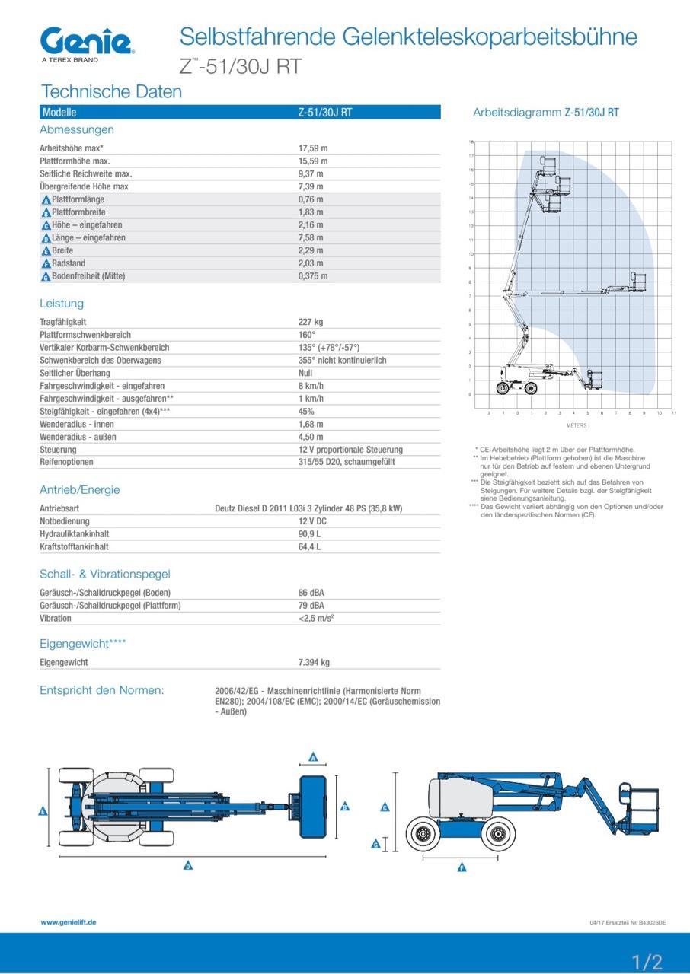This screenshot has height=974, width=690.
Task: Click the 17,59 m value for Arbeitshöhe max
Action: point(312,148)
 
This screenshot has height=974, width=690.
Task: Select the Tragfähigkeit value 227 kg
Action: point(311,322)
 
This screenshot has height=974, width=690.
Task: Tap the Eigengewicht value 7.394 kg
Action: point(314,662)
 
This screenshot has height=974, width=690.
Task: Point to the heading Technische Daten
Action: point(111,92)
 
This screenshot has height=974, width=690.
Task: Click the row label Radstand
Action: point(69,263)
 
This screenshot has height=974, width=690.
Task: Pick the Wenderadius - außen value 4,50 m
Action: point(311,437)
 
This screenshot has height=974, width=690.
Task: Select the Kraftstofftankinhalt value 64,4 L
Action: point(309,546)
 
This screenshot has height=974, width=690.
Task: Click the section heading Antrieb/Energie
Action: point(79,489)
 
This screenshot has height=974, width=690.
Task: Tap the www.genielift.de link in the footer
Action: point(69,922)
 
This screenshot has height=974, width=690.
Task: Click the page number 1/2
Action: point(647,961)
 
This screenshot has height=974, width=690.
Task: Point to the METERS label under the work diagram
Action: point(577,425)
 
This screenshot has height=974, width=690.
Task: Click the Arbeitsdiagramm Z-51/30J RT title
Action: point(546,113)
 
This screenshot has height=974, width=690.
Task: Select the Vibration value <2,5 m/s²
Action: point(316,618)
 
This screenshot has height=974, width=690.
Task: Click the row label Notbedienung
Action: point(65,521)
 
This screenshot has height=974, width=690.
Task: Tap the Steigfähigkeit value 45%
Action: point(306,411)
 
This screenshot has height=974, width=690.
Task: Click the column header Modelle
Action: point(59,113)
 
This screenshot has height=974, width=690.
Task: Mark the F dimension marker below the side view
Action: point(462,867)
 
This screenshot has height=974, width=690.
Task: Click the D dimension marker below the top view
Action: point(188,865)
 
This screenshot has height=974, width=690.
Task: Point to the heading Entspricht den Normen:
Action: point(101,690)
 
